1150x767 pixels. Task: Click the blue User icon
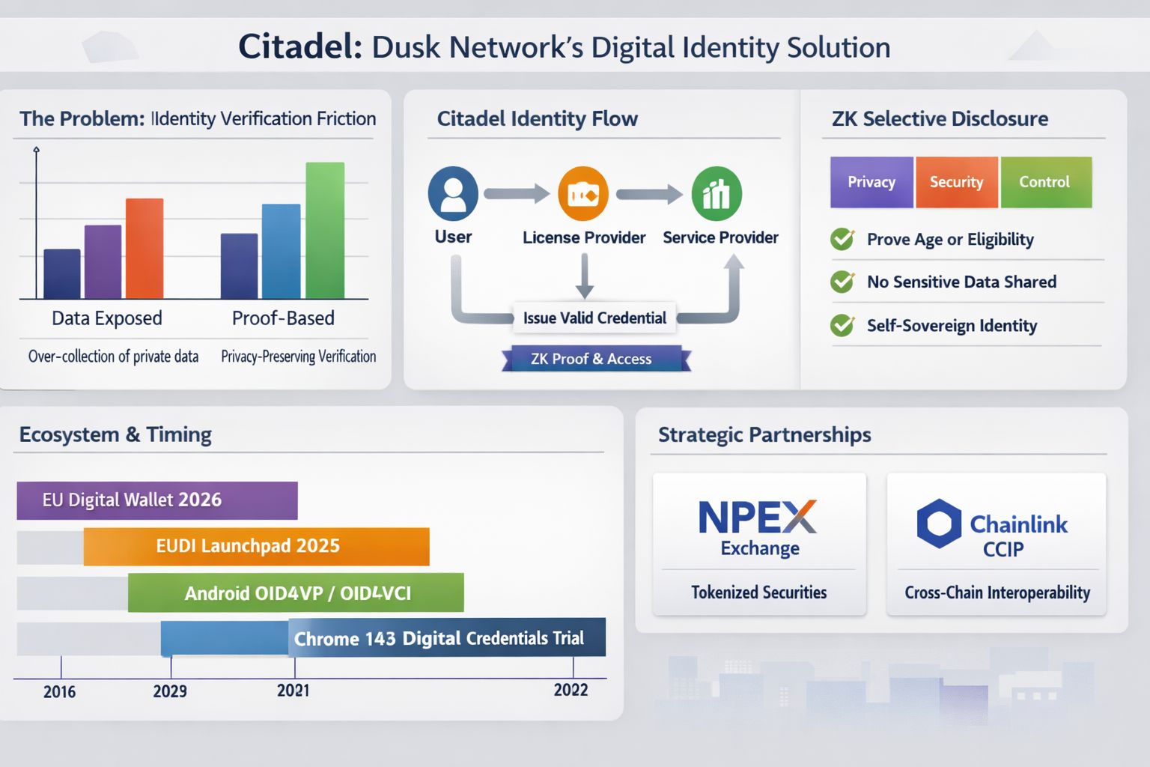453,193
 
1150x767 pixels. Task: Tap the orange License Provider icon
583,194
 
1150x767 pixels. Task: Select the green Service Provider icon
717,194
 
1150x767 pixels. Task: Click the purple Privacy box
871,182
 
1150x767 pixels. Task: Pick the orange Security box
956,182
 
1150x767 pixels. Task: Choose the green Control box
1045,182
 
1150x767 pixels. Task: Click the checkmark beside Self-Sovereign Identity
843,325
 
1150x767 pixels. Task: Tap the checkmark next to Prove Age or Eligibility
843,239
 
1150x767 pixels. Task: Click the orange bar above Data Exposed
144,249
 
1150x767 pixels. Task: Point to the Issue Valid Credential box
594,318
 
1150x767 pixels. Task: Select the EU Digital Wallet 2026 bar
157,500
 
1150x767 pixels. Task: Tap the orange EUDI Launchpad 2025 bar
256,546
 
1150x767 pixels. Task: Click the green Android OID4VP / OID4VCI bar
296,593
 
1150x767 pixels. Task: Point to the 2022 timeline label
571,690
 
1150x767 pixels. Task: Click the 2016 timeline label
59,691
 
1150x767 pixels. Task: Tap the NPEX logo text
757,517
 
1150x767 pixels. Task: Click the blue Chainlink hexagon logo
939,523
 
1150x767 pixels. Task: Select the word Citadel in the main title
299,46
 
